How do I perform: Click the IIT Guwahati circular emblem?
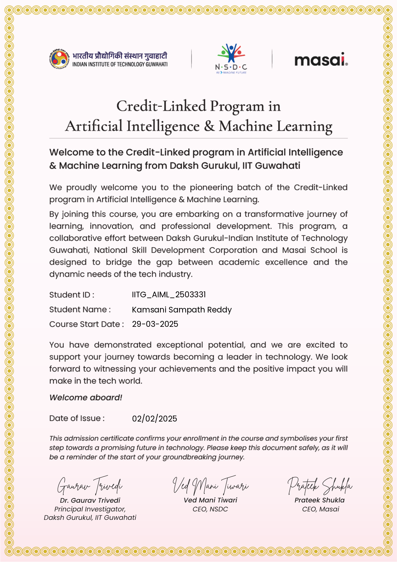click(x=59, y=59)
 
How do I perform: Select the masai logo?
click(x=321, y=60)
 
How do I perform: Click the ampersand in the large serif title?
click(x=209, y=126)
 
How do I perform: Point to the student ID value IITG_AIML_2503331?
click(x=169, y=294)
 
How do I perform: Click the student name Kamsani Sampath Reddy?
click(x=182, y=310)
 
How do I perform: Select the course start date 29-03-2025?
click(x=155, y=324)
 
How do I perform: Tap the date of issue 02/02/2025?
click(x=154, y=419)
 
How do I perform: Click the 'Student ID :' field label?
click(x=72, y=295)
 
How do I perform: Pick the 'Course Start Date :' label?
click(x=86, y=324)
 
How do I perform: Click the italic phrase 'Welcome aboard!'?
click(x=86, y=398)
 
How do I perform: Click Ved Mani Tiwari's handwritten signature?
click(x=210, y=485)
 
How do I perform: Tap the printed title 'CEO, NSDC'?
click(x=210, y=509)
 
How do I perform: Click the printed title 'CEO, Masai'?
click(x=321, y=509)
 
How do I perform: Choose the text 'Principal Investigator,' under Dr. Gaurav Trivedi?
click(x=90, y=509)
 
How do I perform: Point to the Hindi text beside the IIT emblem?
click(x=120, y=56)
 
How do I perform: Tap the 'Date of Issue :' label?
click(x=77, y=418)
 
